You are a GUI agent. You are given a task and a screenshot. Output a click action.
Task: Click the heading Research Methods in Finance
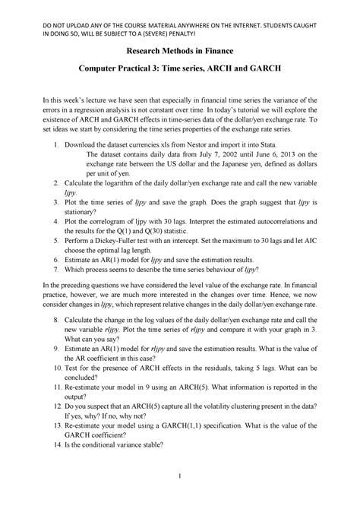[179, 50]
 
